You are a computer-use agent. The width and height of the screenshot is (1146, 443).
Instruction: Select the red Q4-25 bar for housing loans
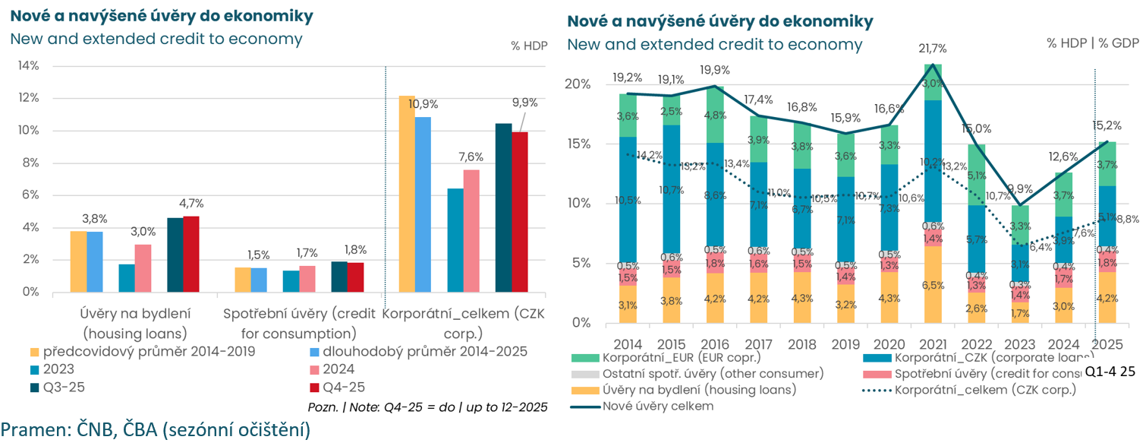coord(191,254)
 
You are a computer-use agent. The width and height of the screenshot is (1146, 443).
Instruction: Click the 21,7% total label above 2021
coord(932,49)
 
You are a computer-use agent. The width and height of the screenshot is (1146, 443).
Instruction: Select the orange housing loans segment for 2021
coord(932,284)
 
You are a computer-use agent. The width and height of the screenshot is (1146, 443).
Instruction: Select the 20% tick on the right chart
coord(581,84)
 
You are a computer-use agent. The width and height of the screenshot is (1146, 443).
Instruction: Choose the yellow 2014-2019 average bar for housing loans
coord(78,261)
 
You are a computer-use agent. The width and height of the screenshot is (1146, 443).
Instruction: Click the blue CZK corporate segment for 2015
coord(671,188)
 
